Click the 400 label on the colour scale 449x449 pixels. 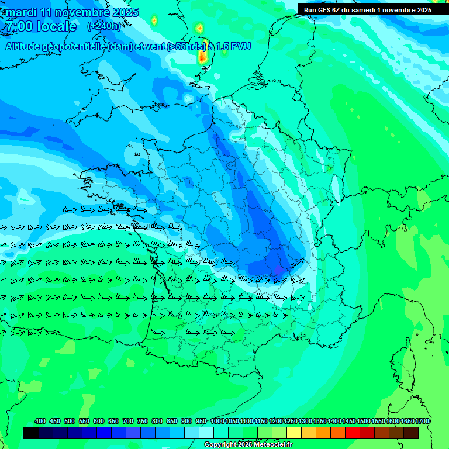pos(40,421)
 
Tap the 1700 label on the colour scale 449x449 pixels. pos(422,421)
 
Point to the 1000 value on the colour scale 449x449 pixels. pos(217,421)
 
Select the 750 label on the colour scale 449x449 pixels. pos(143,421)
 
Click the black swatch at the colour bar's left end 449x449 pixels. pos(31,433)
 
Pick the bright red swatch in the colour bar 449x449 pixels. pos(352,433)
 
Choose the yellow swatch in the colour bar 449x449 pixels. pos(293,433)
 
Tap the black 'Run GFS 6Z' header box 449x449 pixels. pos(367,9)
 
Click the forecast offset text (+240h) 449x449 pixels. pos(104,26)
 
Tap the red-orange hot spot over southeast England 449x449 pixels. pos(202,57)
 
